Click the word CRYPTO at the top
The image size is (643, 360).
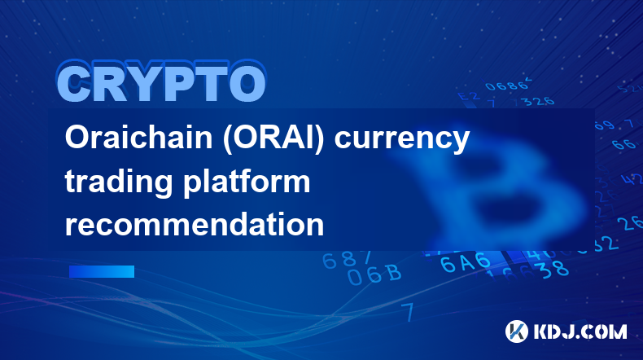point(161,83)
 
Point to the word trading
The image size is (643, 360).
point(119,183)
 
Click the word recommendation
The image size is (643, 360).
point(195,224)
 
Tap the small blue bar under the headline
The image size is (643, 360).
point(102,272)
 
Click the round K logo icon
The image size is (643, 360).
point(517,331)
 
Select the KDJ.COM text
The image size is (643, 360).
point(580,331)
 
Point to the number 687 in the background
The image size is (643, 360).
point(347,260)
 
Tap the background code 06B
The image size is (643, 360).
point(374,274)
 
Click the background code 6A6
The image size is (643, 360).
point(466,262)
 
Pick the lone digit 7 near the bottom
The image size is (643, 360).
point(408,312)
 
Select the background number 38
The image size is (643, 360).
point(554,270)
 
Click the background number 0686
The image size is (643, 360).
point(507,86)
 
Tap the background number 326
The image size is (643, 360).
point(540,100)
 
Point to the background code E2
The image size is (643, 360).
point(468,96)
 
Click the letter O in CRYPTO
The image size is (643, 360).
point(247,83)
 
